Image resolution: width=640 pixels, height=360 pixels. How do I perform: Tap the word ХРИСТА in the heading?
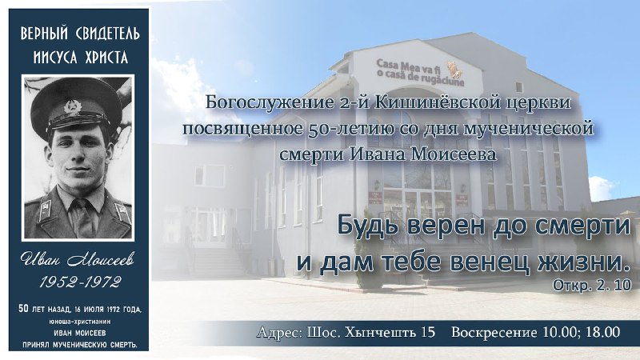click(107, 57)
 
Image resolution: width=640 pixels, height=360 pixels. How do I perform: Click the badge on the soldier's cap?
click(73, 108)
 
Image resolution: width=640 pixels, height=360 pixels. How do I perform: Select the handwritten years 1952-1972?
click(81, 282)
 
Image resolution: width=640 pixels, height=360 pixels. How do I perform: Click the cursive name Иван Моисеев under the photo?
click(78, 260)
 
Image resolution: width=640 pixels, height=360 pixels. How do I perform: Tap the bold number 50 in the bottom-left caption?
click(23, 309)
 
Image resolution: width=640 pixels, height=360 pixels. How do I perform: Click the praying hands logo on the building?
click(453, 69)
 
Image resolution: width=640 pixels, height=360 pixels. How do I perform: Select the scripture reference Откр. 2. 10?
click(592, 285)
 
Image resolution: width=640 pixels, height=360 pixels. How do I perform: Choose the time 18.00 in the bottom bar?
click(603, 332)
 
